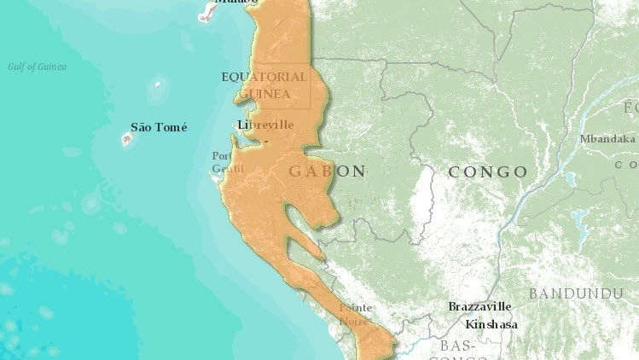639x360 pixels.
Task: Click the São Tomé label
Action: [159, 127]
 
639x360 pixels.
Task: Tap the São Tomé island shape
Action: [128, 139]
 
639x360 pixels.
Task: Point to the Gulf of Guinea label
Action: [37, 67]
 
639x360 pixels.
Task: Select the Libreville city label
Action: [266, 125]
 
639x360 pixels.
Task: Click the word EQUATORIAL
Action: [263, 77]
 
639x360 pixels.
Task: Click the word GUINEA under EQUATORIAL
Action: [264, 94]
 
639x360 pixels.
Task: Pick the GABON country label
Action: [328, 171]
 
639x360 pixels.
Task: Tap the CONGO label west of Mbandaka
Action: [487, 172]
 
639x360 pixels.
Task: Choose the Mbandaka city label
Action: [607, 139]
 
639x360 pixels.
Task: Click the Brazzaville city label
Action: [479, 306]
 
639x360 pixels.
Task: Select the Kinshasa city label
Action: [491, 324]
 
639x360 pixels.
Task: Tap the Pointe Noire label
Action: [354, 314]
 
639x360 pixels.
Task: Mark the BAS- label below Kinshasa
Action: [458, 345]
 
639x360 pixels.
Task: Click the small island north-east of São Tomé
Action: [157, 86]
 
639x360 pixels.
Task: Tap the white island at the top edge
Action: [207, 10]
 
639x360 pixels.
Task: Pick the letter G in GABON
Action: [296, 171]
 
